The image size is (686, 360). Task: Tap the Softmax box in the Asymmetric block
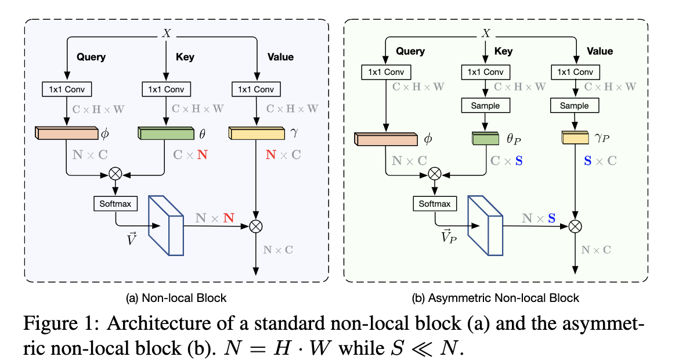click(x=435, y=204)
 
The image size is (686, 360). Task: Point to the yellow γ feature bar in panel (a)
click(x=256, y=134)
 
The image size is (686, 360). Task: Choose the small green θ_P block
click(x=485, y=139)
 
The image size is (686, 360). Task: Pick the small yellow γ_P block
click(x=575, y=139)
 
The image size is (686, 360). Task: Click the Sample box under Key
click(x=485, y=106)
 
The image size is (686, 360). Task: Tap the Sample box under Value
click(x=575, y=106)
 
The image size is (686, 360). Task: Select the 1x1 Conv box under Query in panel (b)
click(x=386, y=72)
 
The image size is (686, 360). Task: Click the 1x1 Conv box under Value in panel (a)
click(x=256, y=89)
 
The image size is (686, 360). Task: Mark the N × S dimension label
click(x=538, y=218)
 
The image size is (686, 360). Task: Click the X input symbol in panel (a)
click(x=167, y=34)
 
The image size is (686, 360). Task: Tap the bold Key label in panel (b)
click(x=503, y=51)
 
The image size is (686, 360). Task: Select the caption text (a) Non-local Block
click(x=176, y=298)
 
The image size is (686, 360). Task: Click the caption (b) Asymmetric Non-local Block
click(x=495, y=298)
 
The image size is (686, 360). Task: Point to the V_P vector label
click(x=447, y=237)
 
